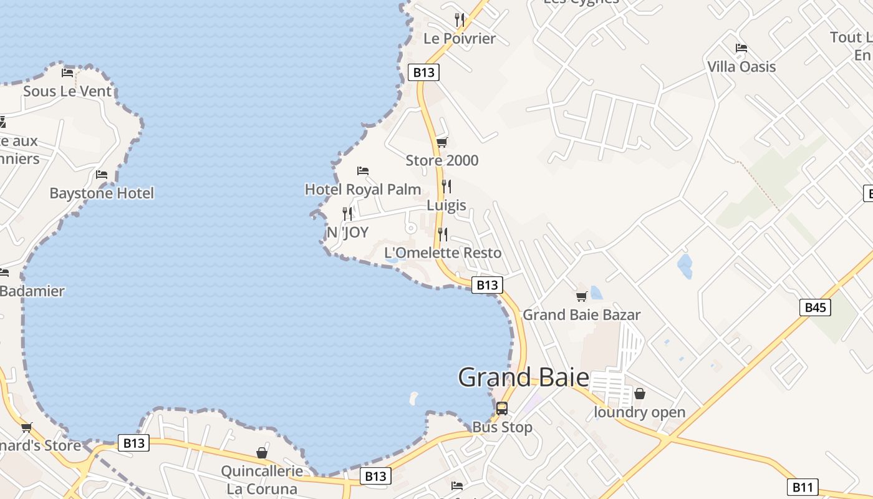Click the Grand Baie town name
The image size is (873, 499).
click(523, 377)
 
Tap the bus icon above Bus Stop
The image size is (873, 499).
click(502, 409)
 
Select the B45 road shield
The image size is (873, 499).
click(815, 307)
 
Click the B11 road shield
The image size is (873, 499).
click(803, 487)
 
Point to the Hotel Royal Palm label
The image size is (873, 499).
click(362, 189)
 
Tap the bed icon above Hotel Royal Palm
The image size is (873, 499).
click(363, 171)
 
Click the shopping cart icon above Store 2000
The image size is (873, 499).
click(442, 143)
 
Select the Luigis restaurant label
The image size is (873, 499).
click(446, 205)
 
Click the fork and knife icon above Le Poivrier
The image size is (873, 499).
click(460, 20)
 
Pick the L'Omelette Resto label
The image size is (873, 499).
click(443, 253)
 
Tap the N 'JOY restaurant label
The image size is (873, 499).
click(347, 233)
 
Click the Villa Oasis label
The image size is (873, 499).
click(741, 67)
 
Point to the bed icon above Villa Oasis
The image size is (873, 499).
click(741, 48)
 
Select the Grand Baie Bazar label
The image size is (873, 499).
click(581, 314)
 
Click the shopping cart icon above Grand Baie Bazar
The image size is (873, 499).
click(581, 296)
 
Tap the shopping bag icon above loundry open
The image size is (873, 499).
click(639, 394)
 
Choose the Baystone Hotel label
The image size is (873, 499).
click(102, 193)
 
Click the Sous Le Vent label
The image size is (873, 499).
click(67, 91)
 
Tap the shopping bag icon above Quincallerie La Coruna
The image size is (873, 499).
click(262, 452)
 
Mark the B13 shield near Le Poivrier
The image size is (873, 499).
click(423, 72)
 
